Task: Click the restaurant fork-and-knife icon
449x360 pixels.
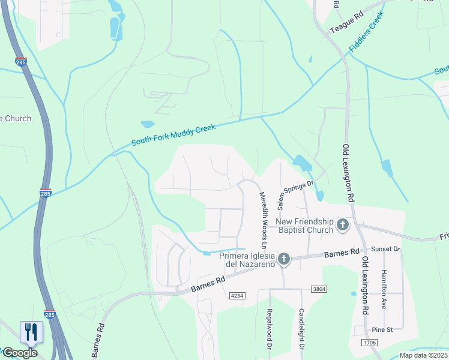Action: [31, 332]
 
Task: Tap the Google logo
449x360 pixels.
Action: [19, 352]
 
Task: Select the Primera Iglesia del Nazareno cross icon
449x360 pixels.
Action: [284, 259]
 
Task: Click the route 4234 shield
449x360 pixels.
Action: [237, 295]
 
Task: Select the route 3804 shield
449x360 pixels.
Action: [319, 289]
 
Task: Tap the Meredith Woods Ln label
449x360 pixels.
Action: [263, 220]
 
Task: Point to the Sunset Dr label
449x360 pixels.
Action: [385, 248]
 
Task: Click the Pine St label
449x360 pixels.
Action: [382, 329]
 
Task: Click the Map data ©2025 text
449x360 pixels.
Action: [423, 355]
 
